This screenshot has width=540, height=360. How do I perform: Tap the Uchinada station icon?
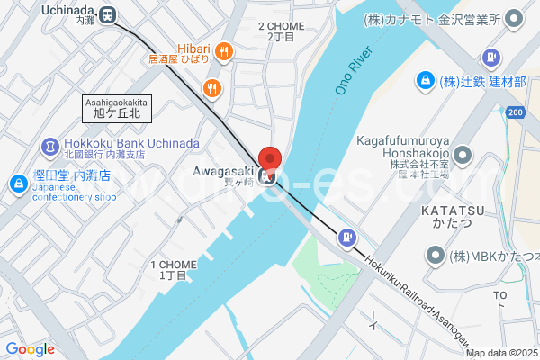109,14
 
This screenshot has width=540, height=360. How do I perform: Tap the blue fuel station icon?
347,238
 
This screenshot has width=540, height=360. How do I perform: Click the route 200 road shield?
514,112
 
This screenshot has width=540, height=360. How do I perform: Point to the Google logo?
30,349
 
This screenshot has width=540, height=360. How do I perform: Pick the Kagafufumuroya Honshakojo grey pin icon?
462,153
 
